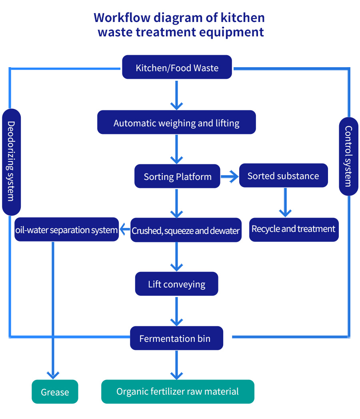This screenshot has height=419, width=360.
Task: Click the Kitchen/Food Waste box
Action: click(x=177, y=67)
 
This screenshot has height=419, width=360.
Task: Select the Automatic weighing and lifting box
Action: click(x=176, y=122)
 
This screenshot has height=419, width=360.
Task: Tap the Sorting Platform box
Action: click(x=177, y=176)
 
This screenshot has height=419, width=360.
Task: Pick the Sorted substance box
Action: click(x=283, y=176)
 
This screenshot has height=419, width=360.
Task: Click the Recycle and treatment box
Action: click(x=294, y=229)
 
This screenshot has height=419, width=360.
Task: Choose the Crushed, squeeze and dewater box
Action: click(x=186, y=230)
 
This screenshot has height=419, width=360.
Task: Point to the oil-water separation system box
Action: click(x=66, y=229)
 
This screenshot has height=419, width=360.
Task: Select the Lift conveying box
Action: click(x=176, y=284)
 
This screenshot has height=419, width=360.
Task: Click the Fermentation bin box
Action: click(x=176, y=338)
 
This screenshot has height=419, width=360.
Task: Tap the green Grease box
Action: click(x=55, y=392)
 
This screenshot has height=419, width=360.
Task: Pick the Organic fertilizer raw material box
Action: click(x=178, y=391)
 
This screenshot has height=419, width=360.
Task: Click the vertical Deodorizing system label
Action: click(x=11, y=162)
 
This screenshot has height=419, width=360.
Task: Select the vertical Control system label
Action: click(x=348, y=156)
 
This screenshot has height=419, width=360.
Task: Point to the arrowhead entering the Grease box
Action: click(x=53, y=375)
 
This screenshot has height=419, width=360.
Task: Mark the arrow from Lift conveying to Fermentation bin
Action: click(x=176, y=311)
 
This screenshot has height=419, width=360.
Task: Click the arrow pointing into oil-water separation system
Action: click(x=125, y=230)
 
